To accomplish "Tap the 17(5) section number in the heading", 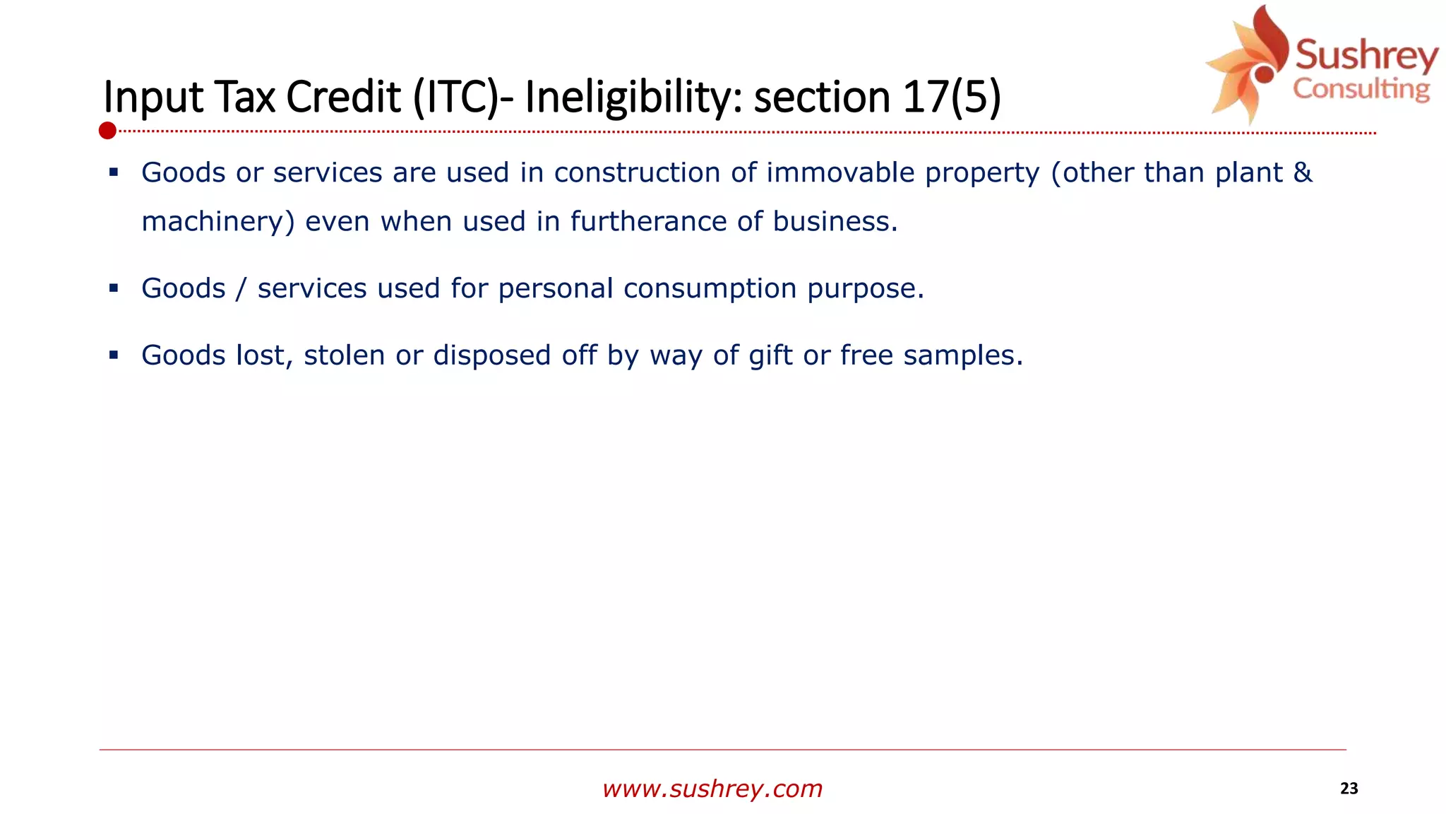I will (951, 97).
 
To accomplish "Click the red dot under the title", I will (107, 131).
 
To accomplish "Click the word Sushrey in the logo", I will (1366, 55).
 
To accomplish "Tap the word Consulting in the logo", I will (1361, 89).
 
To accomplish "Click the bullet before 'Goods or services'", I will (114, 172).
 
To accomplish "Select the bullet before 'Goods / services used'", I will (114, 288).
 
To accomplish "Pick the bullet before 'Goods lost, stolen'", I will (114, 355).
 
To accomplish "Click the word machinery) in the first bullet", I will (217, 222).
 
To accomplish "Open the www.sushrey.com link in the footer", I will (712, 789).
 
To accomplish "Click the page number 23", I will (1349, 789).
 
